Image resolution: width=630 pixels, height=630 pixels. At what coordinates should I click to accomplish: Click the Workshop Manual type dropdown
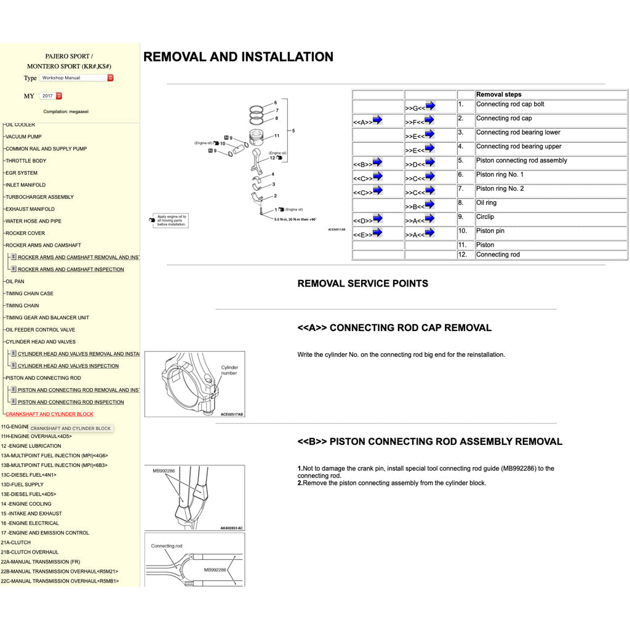tap(77, 78)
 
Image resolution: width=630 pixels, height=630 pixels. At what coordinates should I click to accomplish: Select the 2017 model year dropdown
tap(50, 96)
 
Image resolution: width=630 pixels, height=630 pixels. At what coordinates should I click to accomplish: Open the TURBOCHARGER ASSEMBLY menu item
tap(39, 197)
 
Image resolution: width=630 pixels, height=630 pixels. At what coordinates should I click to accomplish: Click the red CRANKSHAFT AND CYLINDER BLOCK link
tap(49, 414)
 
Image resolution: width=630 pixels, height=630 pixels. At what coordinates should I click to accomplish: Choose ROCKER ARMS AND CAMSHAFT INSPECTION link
tap(71, 269)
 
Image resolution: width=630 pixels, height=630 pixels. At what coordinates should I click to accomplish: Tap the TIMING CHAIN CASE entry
tap(30, 293)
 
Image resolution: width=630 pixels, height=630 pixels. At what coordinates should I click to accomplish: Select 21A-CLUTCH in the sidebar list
tap(16, 543)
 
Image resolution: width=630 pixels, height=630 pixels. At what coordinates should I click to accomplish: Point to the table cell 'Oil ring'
tap(486, 203)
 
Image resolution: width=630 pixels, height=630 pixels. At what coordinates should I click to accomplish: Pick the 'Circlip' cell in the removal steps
tap(485, 217)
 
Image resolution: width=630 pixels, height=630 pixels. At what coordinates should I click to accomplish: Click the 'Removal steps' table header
tap(498, 95)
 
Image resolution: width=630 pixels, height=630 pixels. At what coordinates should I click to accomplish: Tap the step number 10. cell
tap(463, 231)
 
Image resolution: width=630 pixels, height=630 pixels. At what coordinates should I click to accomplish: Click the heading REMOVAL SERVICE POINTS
tap(362, 284)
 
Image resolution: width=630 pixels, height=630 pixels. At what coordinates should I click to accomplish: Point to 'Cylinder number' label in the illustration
tap(229, 370)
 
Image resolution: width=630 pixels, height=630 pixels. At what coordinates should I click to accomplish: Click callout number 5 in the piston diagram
tap(293, 130)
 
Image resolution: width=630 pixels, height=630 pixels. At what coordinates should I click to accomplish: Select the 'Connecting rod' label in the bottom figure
tap(167, 546)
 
